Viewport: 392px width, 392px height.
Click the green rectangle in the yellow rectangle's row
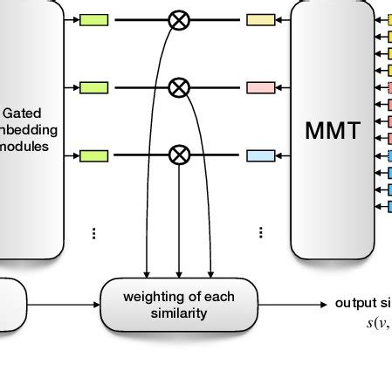tap(93, 18)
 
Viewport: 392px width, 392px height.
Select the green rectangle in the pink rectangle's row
tap(93, 87)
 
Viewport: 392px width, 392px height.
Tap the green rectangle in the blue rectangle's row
tap(93, 155)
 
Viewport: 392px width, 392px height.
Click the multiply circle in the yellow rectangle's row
tap(179, 18)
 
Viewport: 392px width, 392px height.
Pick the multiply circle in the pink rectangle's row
tap(179, 87)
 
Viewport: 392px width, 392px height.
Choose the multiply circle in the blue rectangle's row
tap(179, 155)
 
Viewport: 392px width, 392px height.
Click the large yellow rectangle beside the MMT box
tap(260, 18)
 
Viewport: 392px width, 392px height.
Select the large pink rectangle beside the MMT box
tap(260, 87)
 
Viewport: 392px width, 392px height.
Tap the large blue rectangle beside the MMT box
tap(260, 155)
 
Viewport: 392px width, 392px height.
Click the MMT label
tap(332, 131)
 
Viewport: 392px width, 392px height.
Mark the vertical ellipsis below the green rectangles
tap(93, 233)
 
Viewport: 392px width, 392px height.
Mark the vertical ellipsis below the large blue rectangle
tap(260, 233)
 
